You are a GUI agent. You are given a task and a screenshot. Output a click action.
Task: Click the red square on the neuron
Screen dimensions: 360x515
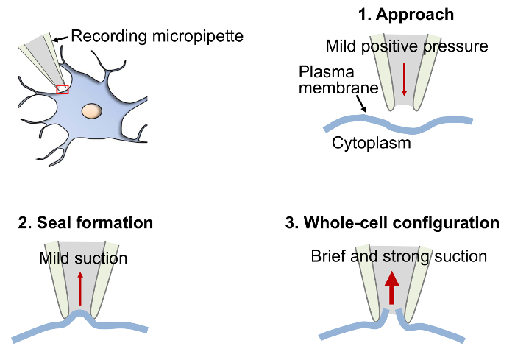tap(62, 90)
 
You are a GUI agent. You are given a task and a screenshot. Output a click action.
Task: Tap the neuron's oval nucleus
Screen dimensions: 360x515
tap(92, 111)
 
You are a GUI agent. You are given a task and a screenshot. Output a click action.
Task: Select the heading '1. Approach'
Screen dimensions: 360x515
tap(405, 15)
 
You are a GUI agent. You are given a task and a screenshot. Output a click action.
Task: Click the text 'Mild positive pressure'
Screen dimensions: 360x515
tap(407, 48)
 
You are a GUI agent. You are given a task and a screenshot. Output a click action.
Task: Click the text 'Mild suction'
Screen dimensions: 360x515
tap(83, 258)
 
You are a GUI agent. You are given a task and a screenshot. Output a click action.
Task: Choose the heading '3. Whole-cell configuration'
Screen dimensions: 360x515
tap(392, 222)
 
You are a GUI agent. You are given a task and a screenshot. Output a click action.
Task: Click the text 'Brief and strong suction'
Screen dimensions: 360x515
tap(399, 257)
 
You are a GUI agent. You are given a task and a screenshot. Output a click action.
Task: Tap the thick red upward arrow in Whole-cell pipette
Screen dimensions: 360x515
tap(391, 287)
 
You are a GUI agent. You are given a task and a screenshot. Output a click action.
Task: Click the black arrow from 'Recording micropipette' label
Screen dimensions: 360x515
tap(60, 35)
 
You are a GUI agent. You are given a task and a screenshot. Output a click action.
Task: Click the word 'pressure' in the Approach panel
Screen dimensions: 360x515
tap(461, 48)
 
